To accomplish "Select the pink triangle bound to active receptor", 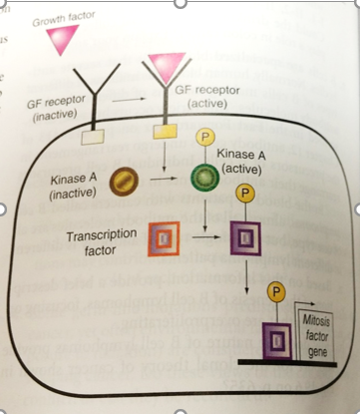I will (x=166, y=65).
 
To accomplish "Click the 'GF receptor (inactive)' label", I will (x=51, y=109).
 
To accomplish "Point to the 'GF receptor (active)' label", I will (x=205, y=94).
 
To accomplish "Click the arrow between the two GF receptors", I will (x=124, y=100).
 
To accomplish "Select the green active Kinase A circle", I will (x=203, y=181).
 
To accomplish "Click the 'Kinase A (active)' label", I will (x=245, y=163).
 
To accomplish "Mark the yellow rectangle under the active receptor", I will (x=166, y=129).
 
